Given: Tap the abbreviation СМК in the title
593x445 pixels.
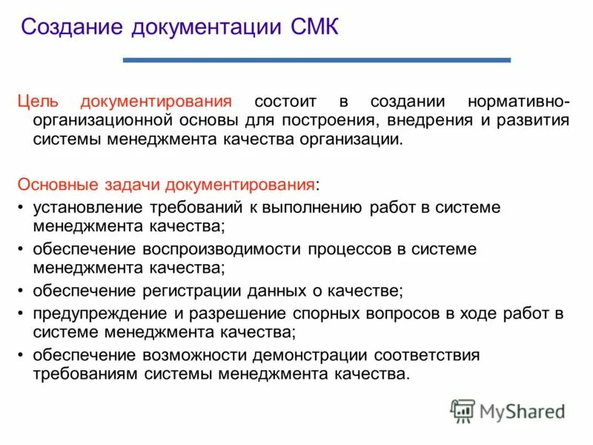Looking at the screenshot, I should tap(311, 28).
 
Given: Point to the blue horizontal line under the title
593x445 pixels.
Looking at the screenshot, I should tap(317, 59).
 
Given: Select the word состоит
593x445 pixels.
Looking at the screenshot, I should tap(283, 101).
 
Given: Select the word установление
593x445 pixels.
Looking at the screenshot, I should tap(84, 207).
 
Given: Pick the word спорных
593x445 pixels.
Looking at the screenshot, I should tap(286, 313).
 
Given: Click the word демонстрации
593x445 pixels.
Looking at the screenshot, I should tap(286, 355).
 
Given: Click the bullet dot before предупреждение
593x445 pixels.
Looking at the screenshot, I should tap(21, 314).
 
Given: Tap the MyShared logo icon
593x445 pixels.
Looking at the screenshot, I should tap(463, 410).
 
